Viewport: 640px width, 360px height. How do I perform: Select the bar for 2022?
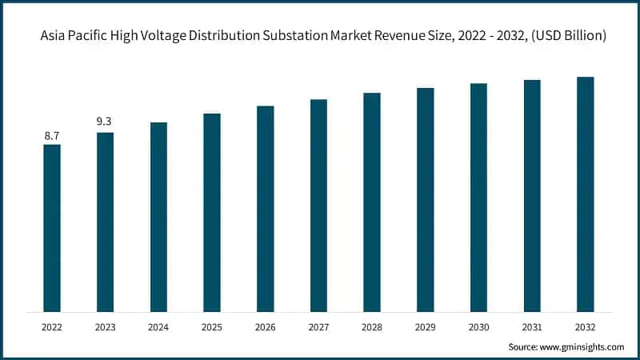[52, 228]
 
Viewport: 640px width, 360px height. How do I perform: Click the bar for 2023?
[106, 222]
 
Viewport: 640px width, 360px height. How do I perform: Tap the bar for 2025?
[212, 212]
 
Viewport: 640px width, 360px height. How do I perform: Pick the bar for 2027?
[318, 206]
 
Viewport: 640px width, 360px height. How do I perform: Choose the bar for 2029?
[426, 200]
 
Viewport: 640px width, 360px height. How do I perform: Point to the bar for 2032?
[586, 194]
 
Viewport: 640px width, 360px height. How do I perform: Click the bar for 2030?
[478, 198]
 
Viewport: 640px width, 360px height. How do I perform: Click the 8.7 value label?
[52, 137]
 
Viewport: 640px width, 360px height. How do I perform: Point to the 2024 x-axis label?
[158, 326]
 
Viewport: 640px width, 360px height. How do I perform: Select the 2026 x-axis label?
[266, 326]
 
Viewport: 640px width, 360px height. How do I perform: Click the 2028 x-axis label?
[372, 326]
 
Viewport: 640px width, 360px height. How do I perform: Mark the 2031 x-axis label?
[532, 326]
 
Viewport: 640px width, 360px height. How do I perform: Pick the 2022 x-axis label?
[52, 326]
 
